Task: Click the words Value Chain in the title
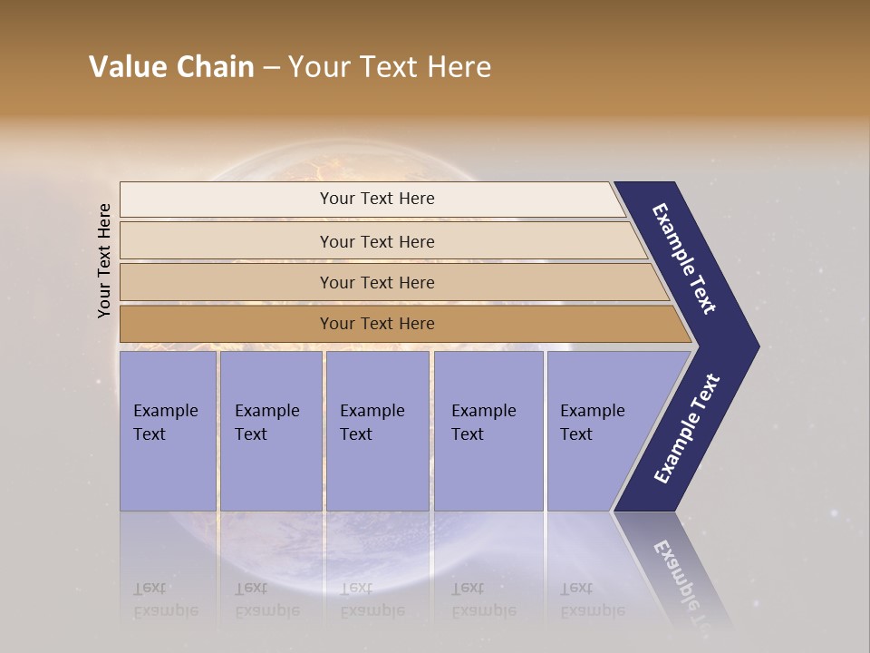click(171, 67)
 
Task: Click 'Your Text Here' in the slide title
click(390, 67)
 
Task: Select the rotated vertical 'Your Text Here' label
click(104, 260)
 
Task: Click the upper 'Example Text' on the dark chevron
click(684, 258)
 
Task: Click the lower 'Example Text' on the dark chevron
click(687, 429)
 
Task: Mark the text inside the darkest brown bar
click(377, 324)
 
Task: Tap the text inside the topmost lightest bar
click(377, 199)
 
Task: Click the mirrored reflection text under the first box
click(166, 599)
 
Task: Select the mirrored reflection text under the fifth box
click(592, 599)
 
